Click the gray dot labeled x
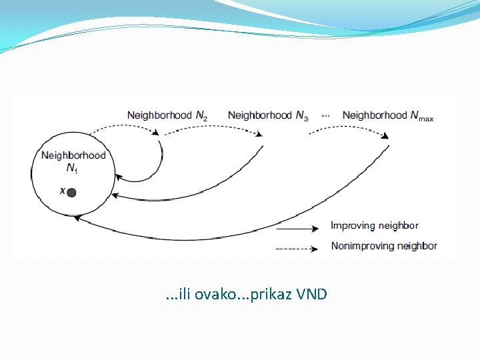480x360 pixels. (71, 193)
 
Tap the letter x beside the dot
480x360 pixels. (63, 191)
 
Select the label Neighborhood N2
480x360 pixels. (167, 115)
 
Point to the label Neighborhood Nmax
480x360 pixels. (387, 115)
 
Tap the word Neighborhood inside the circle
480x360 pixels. (73, 156)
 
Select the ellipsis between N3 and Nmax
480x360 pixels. (325, 115)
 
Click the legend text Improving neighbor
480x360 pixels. (374, 226)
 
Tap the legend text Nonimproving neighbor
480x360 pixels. (383, 246)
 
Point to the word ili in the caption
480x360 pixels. (180, 294)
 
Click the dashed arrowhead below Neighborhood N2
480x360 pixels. (156, 133)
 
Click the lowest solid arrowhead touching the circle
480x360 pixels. (77, 217)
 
